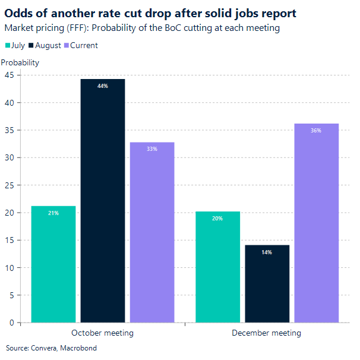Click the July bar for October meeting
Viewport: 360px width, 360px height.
click(53, 264)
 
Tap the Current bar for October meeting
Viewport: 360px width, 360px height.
click(152, 232)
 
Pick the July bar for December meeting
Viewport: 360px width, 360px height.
click(217, 267)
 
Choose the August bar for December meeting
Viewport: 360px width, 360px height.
click(267, 283)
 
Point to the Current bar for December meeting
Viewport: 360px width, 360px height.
click(316, 223)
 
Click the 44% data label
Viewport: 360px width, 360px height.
click(103, 86)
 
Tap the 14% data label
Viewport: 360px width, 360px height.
click(267, 252)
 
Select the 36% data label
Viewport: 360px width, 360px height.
click(316, 131)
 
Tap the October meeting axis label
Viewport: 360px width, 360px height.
click(102, 333)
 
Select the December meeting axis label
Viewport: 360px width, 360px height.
click(266, 333)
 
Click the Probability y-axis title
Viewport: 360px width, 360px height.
click(20, 62)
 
